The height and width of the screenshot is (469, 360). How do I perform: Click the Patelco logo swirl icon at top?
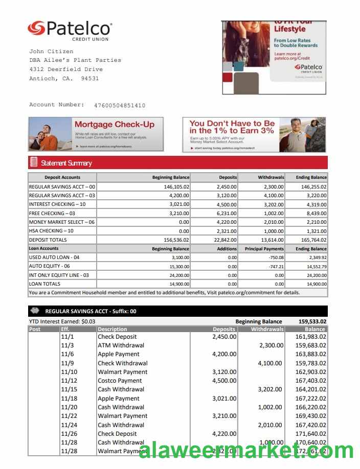click(x=36, y=28)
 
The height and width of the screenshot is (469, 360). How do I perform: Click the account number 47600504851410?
click(x=120, y=106)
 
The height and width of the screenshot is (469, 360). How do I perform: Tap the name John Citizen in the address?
click(x=51, y=52)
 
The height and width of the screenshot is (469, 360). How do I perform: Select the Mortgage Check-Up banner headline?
click(x=114, y=125)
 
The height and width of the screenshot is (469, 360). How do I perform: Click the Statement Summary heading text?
click(x=66, y=163)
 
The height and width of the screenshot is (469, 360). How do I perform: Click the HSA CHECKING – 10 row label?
click(x=51, y=231)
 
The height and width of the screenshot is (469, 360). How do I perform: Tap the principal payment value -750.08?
click(x=276, y=257)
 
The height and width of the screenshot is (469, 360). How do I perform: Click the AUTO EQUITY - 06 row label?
click(x=50, y=266)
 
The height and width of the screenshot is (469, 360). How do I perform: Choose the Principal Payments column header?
click(x=264, y=249)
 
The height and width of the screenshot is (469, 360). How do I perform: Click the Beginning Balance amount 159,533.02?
click(x=312, y=321)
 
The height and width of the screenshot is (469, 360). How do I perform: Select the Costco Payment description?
click(x=120, y=381)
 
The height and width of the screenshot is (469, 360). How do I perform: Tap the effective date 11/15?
click(x=69, y=389)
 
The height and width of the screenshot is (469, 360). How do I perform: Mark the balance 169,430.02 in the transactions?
click(x=311, y=416)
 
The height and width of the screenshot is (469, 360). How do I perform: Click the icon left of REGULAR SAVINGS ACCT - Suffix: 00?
click(x=35, y=311)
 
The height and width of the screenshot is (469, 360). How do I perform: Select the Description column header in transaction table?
click(x=112, y=330)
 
